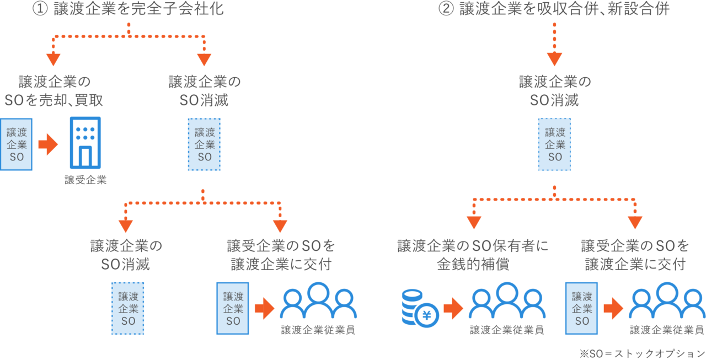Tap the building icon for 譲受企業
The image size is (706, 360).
(x=85, y=142)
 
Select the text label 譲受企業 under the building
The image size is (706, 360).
(x=85, y=180)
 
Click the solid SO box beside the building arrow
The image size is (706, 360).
(x=16, y=144)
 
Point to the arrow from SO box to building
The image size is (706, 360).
(x=48, y=145)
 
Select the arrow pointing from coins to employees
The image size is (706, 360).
(x=452, y=308)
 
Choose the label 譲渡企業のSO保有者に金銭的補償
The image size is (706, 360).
(x=473, y=255)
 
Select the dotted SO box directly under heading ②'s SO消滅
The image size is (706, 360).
(x=554, y=144)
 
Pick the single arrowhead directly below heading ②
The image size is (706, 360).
(x=554, y=59)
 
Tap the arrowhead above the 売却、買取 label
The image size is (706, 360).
(x=53, y=59)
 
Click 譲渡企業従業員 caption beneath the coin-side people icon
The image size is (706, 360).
(x=507, y=330)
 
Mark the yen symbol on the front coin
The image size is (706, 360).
(x=426, y=315)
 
